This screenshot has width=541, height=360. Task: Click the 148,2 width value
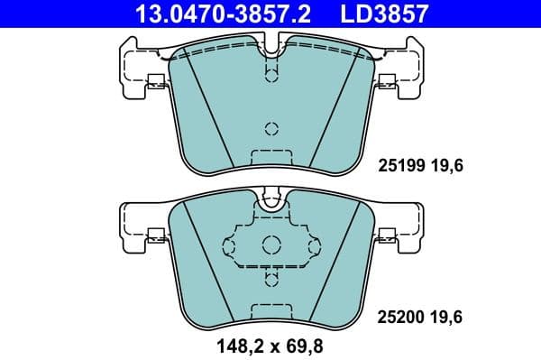(235, 343)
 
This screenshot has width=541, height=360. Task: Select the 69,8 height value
(304, 343)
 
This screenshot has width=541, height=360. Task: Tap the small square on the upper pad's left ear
(154, 78)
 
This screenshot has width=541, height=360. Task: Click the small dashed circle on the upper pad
(271, 126)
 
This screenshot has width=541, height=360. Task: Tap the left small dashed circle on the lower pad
(230, 245)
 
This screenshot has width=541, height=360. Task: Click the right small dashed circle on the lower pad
(313, 245)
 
